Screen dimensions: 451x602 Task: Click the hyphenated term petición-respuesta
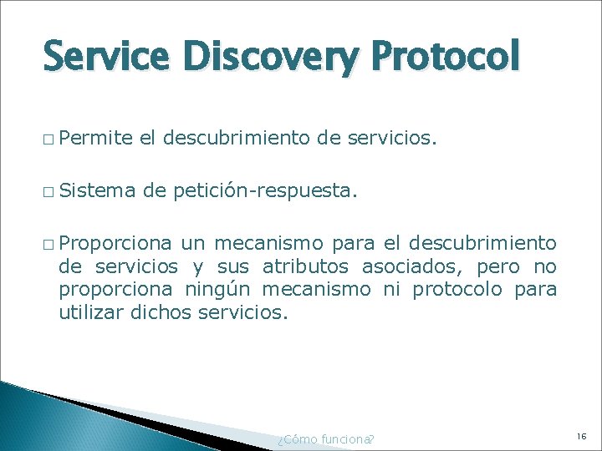click(266, 193)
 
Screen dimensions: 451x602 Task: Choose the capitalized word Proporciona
click(115, 243)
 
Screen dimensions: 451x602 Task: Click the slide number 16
click(582, 436)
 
